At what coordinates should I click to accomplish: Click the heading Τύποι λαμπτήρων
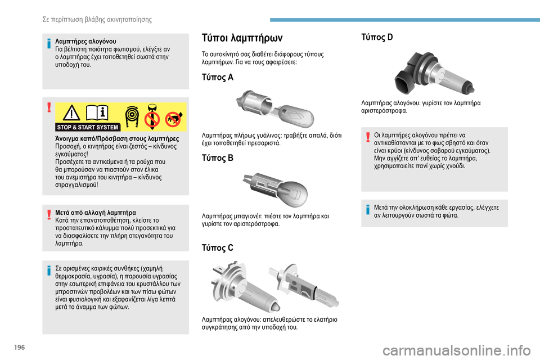[x=242, y=38]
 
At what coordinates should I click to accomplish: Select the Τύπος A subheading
[x=217, y=77]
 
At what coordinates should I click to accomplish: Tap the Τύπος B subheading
[x=217, y=157]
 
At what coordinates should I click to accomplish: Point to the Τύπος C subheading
[x=217, y=247]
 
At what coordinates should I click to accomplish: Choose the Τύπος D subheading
[x=377, y=37]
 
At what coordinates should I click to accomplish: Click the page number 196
[x=20, y=347]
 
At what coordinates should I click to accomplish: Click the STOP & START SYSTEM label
[x=88, y=127]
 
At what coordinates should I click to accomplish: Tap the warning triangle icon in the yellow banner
[x=71, y=112]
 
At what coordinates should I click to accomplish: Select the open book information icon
[x=97, y=112]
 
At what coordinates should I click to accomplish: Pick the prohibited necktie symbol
[x=151, y=117]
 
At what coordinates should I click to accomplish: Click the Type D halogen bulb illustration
[x=434, y=73]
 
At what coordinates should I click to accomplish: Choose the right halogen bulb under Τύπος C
[x=304, y=286]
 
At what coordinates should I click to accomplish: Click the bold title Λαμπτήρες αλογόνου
[x=85, y=41]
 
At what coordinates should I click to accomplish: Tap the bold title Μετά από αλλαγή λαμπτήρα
[x=96, y=213]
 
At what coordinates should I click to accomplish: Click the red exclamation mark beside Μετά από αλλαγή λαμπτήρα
[x=49, y=214]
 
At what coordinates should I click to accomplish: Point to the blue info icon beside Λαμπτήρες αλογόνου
[x=49, y=44]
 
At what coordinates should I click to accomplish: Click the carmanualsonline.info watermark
[x=457, y=350]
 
